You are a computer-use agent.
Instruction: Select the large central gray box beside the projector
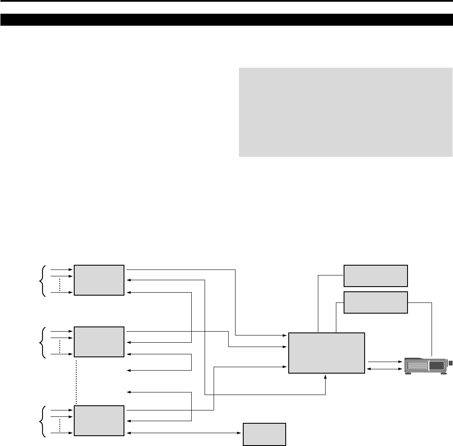(x=327, y=353)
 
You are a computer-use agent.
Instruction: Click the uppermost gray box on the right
(x=375, y=275)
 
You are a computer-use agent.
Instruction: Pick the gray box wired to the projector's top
(x=375, y=302)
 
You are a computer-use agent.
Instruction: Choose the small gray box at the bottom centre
(x=264, y=434)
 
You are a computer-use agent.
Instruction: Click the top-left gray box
(x=99, y=280)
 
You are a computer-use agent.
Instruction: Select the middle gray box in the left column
(x=99, y=341)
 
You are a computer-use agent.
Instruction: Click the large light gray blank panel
(x=345, y=112)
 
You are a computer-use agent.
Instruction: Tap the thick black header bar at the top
(x=226, y=20)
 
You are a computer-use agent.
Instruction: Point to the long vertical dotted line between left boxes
(x=76, y=382)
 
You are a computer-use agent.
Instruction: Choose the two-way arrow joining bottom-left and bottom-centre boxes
(x=184, y=433)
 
